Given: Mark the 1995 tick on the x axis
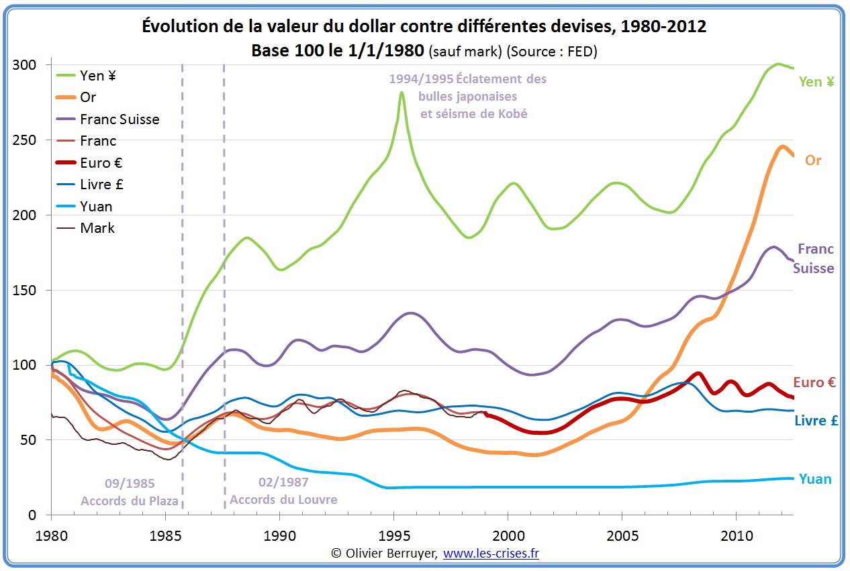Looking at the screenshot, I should coord(393,536).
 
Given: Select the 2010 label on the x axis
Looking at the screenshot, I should coord(736,536).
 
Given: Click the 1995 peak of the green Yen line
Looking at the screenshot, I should coord(402,93).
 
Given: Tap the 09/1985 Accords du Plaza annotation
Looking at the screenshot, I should coord(130,492).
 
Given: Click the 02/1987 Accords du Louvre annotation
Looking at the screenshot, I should coord(283,491).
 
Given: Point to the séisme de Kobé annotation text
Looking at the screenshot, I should coord(473,114).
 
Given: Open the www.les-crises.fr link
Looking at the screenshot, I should coord(491,554).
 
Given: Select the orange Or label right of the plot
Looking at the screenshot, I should coord(813,161).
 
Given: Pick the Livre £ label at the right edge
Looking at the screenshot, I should coord(816,421).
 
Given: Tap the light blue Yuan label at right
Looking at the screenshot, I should coord(815,479).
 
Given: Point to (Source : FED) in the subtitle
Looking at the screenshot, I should coord(552,51).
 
